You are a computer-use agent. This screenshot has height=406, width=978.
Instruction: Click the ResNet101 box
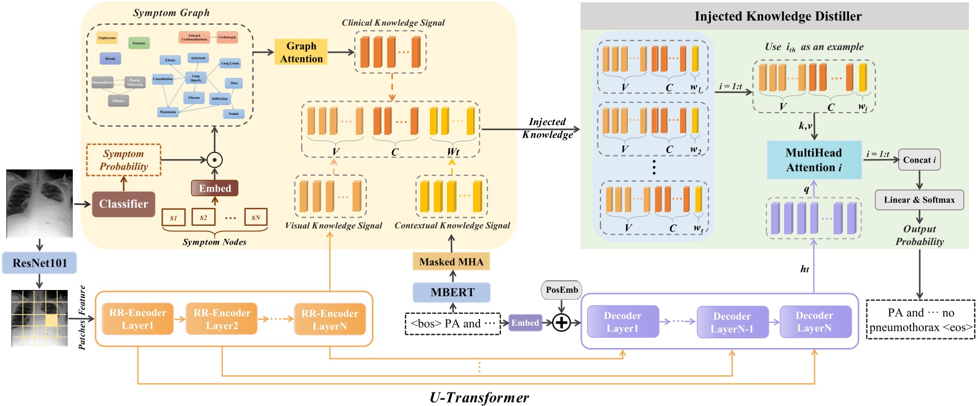[39, 263]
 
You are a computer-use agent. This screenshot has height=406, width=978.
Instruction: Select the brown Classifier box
[123, 204]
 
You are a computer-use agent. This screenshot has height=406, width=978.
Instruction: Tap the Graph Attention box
[301, 52]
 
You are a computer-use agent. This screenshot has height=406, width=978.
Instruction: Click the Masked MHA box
[451, 262]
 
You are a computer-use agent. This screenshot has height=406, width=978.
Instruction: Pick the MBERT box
[452, 292]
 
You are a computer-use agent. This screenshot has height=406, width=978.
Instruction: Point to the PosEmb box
[561, 290]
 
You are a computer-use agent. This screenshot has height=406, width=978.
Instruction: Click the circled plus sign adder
[561, 323]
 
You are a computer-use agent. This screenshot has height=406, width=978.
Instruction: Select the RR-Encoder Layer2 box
[222, 320]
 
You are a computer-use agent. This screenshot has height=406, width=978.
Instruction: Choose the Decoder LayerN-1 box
[732, 322]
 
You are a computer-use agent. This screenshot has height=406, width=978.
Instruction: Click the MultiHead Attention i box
[814, 160]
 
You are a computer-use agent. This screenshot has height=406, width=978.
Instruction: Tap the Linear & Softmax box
[919, 200]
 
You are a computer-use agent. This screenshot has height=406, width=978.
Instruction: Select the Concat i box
[919, 160]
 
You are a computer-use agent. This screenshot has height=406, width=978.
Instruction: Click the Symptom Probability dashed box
[123, 160]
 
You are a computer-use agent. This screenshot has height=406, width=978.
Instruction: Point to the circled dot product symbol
[214, 160]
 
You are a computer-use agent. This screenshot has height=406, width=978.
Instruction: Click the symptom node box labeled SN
[256, 217]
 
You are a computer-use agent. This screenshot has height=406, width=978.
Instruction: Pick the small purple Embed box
[525, 323]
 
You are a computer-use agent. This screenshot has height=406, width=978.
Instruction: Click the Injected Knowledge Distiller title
[777, 16]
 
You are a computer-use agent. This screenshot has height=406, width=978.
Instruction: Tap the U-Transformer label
[479, 397]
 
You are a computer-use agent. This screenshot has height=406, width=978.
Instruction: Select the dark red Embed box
[214, 188]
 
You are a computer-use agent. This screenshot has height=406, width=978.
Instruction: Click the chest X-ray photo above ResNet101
[39, 203]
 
